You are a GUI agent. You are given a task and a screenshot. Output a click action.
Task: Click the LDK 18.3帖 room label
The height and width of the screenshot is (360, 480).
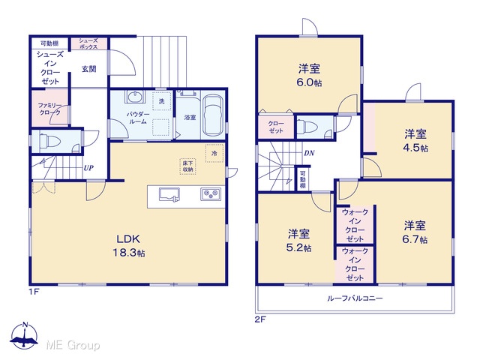click(129, 245)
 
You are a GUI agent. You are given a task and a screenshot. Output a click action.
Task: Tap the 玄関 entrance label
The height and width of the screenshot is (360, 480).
click(88, 69)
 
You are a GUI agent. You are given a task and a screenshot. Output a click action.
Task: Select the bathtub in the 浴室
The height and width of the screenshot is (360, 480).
click(213, 115)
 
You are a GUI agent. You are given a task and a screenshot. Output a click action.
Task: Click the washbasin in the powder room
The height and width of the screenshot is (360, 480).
click(134, 97)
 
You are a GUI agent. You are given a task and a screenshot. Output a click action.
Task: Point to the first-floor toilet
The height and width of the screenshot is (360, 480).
click(50, 141)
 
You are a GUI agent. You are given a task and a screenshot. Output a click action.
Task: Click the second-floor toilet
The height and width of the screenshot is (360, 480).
click(308, 126)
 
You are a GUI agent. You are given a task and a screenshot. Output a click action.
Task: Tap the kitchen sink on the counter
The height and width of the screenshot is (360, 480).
click(169, 195)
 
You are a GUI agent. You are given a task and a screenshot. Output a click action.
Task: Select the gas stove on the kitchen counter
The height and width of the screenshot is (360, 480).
click(211, 194)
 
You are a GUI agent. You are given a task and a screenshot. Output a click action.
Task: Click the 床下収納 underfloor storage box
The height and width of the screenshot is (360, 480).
click(187, 166)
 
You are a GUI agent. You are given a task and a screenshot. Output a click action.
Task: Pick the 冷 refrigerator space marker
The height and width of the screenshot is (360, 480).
click(214, 153)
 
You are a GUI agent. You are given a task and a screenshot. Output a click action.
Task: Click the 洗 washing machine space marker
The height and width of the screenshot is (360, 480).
click(162, 101)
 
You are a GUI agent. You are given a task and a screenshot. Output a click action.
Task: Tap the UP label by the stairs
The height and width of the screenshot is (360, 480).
click(88, 168)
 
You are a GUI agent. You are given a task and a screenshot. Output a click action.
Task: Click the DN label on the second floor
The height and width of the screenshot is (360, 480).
click(309, 153)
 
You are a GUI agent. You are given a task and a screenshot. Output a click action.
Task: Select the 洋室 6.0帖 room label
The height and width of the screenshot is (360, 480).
click(309, 75)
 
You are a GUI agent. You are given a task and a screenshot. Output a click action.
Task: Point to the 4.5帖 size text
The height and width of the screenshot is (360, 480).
click(415, 148)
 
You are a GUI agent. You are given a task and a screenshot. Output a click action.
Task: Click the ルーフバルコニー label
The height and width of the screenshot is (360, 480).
click(355, 298)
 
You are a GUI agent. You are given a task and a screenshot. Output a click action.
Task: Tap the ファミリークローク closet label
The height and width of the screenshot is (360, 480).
click(49, 109)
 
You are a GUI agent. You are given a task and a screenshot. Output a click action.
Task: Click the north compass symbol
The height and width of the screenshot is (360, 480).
click(24, 335)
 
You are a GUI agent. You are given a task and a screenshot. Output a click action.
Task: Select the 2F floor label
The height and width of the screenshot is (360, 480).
click(260, 319)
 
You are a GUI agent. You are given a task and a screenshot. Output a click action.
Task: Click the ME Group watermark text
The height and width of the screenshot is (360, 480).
click(73, 345)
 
